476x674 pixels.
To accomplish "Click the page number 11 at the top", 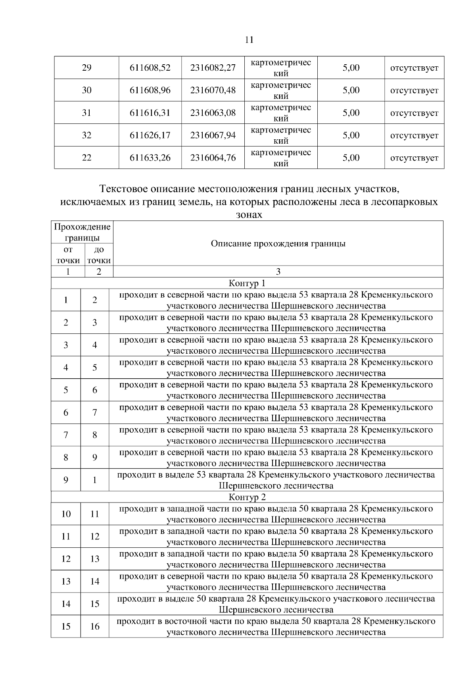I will click(x=250, y=40).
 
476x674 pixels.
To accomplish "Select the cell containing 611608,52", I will click(x=150, y=68).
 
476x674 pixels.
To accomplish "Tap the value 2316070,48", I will click(x=213, y=91).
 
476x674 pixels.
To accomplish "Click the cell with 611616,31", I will click(x=150, y=113).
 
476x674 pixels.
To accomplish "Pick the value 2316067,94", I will click(x=213, y=135).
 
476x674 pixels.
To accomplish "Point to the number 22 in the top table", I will click(x=86, y=158).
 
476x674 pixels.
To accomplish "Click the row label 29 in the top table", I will click(x=86, y=68).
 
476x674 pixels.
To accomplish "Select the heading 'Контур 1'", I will click(x=247, y=283).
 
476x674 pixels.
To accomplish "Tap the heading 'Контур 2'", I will click(x=247, y=497).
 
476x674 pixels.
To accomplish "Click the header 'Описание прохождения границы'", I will click(x=278, y=244).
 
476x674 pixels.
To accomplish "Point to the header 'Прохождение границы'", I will click(x=82, y=233).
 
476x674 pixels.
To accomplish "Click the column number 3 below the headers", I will click(x=278, y=272).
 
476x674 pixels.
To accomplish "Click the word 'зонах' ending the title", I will click(x=247, y=215).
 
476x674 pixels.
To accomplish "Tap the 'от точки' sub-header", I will click(x=68, y=255).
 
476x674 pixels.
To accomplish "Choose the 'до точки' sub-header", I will click(x=99, y=255).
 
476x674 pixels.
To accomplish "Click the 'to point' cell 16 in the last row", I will click(x=94, y=627).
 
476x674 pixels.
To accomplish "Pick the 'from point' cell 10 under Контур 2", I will click(x=66, y=514).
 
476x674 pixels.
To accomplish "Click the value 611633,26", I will click(x=150, y=158).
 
